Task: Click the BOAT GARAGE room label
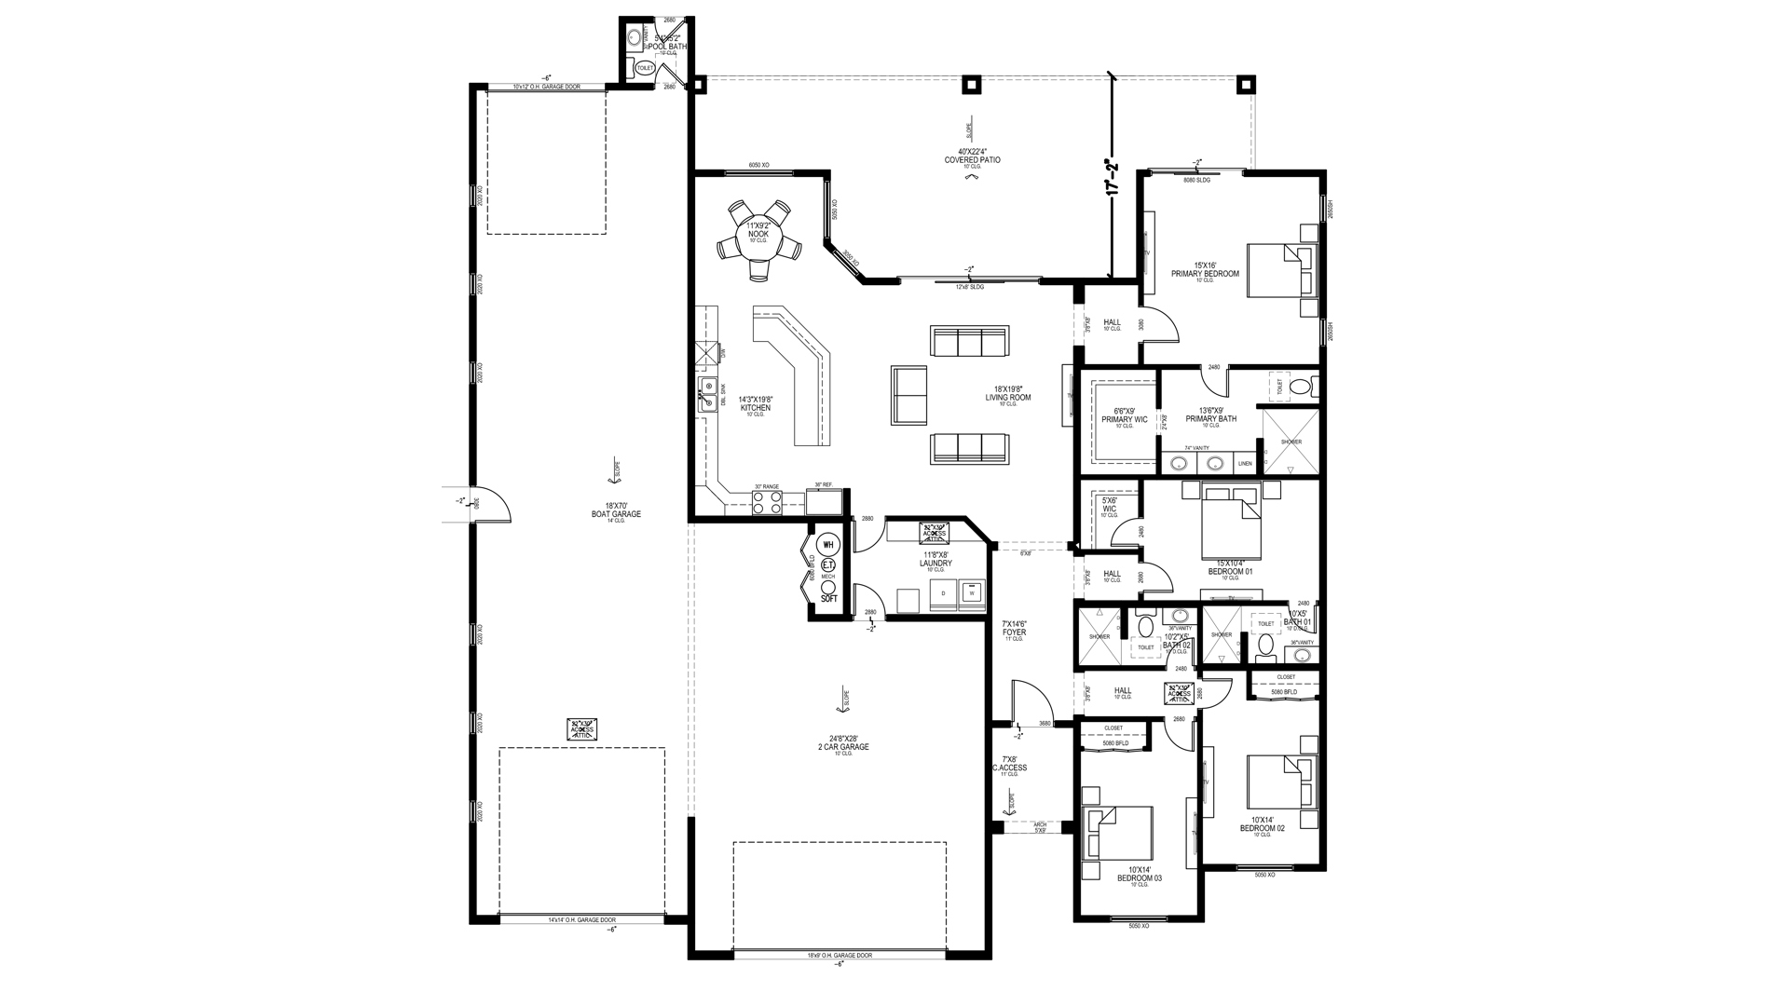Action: point(617,514)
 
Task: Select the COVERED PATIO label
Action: point(972,159)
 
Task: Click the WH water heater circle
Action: point(827,545)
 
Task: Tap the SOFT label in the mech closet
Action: point(828,599)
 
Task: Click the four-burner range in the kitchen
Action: point(766,502)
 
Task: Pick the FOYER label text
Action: point(1014,632)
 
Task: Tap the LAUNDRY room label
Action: point(935,564)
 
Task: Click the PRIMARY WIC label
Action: point(1124,419)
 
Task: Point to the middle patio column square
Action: point(971,85)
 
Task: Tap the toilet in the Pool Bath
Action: point(645,67)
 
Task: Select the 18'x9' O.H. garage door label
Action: point(840,956)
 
